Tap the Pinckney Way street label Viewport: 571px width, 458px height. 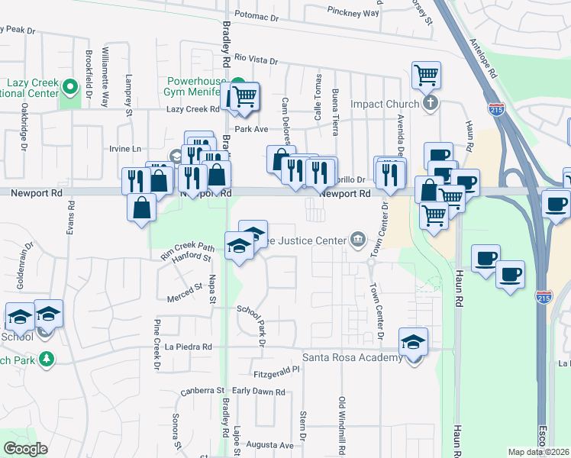click(353, 13)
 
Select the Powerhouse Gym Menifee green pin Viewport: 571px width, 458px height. click(238, 85)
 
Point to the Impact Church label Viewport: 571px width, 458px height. click(385, 104)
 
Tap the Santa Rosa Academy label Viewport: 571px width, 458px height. click(352, 357)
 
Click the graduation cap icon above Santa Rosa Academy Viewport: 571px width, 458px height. click(413, 342)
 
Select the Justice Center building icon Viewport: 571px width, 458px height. click(356, 240)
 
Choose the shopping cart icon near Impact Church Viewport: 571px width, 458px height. click(426, 76)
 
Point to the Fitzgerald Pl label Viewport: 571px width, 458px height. click(278, 374)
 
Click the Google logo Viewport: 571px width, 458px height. click(25, 449)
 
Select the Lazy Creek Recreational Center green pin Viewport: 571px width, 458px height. click(71, 86)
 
